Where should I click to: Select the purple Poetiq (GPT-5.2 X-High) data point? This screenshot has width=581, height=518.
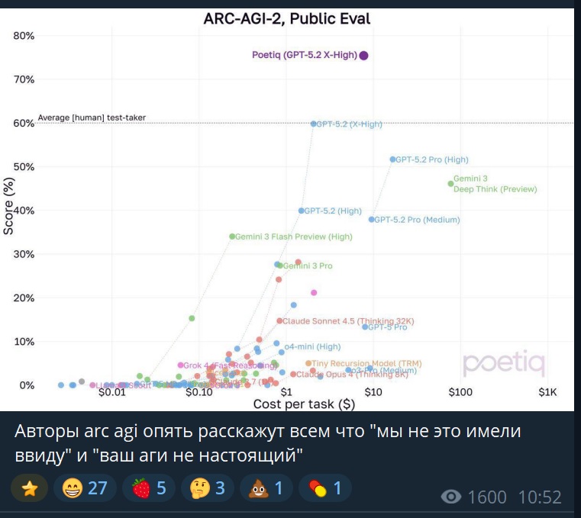point(364,55)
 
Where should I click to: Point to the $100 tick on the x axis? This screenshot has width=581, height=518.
point(460,392)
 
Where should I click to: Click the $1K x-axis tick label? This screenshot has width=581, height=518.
point(548,392)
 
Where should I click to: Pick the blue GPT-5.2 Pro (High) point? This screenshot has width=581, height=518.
point(393,159)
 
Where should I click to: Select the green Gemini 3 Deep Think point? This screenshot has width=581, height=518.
point(450,183)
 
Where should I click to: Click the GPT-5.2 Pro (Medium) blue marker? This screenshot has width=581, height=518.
point(372,220)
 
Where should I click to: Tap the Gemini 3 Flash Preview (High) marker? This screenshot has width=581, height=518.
point(232,236)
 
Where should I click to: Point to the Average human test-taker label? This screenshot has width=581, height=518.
point(92,117)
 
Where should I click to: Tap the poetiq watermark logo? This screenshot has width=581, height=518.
point(504,365)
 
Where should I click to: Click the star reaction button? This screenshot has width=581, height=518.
point(30,487)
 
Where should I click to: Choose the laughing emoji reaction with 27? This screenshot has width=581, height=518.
point(86,487)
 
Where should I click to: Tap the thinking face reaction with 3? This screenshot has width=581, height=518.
point(207,487)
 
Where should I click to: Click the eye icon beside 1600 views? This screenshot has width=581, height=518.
point(451,497)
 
